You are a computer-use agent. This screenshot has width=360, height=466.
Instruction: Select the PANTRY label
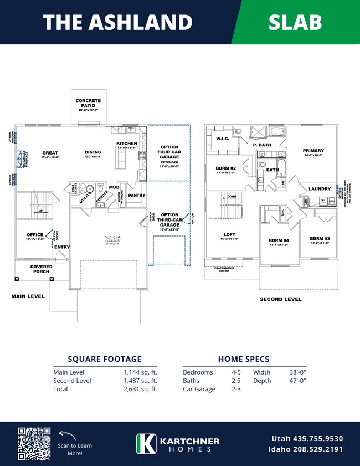point(136,196)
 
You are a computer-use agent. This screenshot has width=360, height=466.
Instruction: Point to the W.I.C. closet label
point(223,139)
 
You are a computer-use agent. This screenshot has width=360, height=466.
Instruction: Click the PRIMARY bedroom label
point(313,151)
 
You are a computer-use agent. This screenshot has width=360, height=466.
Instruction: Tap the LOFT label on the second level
point(229,235)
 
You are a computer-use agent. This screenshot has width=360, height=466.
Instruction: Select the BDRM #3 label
point(320,239)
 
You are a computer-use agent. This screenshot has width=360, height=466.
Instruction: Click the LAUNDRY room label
point(320,188)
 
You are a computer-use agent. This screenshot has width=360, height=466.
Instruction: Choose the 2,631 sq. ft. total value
point(141,389)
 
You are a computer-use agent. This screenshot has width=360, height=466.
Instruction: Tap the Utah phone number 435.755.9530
point(307,438)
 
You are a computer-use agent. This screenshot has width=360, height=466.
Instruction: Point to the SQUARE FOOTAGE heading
point(105,359)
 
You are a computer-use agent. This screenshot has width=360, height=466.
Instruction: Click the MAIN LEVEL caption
point(28,296)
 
